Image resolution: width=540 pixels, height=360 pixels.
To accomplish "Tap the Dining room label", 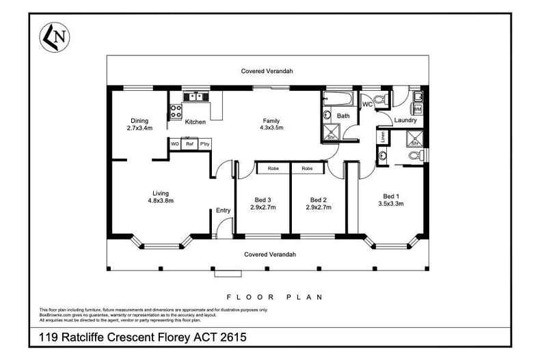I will point(139,121).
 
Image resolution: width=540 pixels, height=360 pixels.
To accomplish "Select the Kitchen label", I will point(195,122).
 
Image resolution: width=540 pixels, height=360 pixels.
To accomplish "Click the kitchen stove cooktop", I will point(175,110).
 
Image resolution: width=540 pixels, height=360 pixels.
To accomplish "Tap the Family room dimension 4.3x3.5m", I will point(271,128).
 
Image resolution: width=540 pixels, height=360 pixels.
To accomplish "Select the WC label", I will point(366,105).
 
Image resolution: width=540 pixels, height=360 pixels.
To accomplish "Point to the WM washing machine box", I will point(417,109).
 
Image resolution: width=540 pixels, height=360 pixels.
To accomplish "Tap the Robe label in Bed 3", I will point(272,168).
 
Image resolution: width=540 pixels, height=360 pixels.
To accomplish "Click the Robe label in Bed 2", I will point(308,168).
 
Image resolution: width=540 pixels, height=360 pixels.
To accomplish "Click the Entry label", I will point(223,210).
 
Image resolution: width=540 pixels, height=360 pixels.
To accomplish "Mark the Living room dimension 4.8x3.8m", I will point(161,201).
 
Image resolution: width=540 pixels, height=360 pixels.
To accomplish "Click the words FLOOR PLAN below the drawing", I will point(273,297).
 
